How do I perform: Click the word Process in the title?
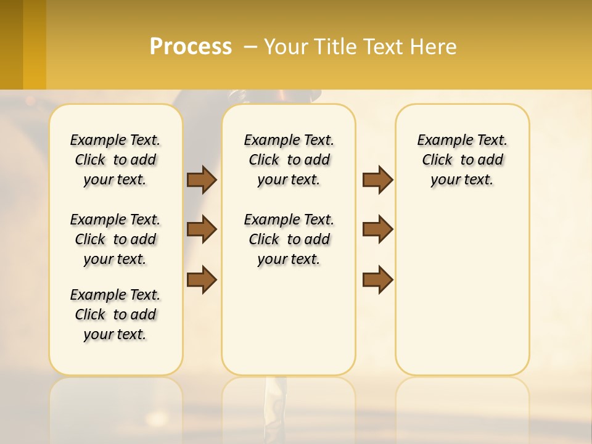[191, 47]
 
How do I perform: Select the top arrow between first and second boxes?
[202, 180]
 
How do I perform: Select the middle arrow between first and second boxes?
[202, 229]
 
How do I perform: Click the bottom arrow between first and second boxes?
[202, 279]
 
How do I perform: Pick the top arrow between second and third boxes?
[377, 180]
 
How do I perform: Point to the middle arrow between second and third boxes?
[377, 229]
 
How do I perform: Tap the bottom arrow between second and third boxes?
[377, 279]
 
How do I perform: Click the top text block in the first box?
[115, 160]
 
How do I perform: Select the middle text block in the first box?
[115, 239]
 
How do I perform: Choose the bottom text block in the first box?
[115, 314]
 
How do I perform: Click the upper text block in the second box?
[289, 160]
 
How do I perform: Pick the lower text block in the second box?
[289, 239]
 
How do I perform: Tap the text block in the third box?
[462, 160]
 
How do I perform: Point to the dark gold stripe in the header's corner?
[12, 44]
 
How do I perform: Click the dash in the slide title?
[250, 47]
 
